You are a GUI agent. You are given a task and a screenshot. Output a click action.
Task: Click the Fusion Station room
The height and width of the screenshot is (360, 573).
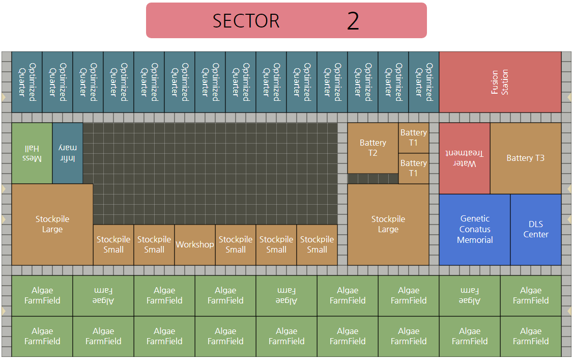coord(500,82)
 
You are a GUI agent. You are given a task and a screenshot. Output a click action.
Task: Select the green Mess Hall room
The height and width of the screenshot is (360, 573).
coord(32,153)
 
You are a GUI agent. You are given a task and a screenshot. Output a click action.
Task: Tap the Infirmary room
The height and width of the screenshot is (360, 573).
coord(67,153)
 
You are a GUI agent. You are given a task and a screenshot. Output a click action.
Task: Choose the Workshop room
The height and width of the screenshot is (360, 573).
coord(194,245)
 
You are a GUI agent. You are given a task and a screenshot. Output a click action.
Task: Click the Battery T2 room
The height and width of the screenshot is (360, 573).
coord(373,148)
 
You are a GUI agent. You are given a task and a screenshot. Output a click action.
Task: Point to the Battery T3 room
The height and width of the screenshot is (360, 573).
coord(525,158)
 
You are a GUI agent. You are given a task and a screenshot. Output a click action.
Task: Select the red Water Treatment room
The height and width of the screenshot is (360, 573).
coord(464,158)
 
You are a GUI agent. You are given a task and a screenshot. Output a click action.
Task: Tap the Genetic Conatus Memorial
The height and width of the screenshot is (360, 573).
coord(474,229)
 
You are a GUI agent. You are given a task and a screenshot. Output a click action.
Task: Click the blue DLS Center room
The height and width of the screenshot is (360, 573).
coord(535,229)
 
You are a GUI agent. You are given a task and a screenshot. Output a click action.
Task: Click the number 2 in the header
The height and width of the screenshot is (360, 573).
coord(353,21)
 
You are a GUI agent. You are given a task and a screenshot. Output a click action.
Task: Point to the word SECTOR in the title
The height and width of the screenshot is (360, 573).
coord(246,21)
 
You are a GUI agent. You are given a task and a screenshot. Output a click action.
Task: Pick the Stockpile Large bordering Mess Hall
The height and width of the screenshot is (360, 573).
coord(52,224)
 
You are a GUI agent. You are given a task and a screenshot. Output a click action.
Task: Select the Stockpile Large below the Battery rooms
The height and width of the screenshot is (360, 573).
coord(388,224)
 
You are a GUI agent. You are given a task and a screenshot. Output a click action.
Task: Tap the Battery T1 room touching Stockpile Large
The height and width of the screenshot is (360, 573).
coord(413,168)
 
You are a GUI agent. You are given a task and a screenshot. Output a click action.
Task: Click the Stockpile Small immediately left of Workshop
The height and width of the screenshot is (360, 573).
coord(154,245)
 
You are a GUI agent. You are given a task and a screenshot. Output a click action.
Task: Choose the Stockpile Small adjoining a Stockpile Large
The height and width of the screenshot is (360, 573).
coord(113,245)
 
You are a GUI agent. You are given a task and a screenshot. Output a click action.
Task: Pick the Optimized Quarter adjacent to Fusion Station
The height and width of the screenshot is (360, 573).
coord(423,82)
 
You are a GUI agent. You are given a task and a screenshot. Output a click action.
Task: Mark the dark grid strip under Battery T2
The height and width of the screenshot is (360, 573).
coord(373,179)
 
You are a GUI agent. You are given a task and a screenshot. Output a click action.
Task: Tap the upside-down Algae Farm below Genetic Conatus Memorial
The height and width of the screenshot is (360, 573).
coord(469,295)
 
